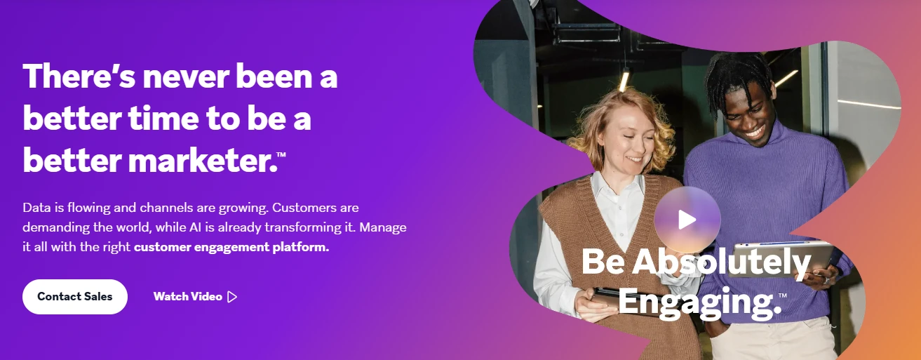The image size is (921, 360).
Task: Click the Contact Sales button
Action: pos(75,297)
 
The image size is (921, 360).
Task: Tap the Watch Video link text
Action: pos(188,297)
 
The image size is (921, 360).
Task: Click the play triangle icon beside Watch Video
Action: pos(233,297)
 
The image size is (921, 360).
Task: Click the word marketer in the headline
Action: pos(203,160)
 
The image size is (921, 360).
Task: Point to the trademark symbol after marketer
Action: pos(282,154)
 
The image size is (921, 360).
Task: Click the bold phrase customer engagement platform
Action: pos(231,247)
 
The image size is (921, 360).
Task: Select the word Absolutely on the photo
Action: pos(722,262)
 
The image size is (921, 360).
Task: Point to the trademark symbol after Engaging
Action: pos(783,295)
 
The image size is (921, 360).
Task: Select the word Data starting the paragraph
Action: pos(37,208)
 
